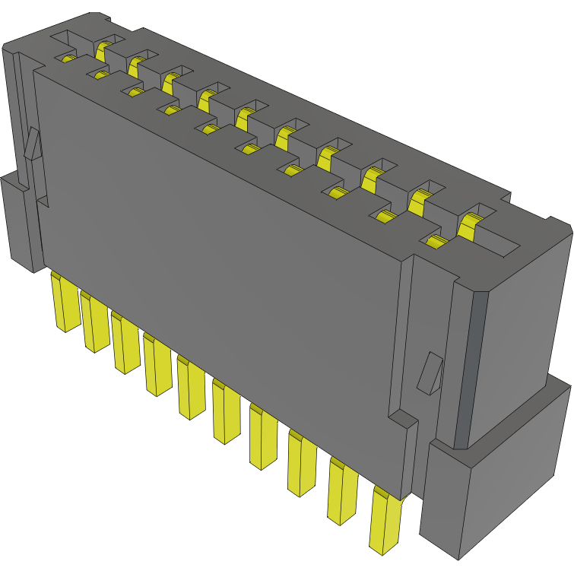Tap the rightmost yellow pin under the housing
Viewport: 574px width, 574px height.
click(385, 520)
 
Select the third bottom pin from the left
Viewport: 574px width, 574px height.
click(125, 342)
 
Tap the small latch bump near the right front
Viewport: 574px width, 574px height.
click(430, 373)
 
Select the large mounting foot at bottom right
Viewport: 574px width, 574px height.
click(494, 479)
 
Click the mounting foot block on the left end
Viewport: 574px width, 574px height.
click(18, 220)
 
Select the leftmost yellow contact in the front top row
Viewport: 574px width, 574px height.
click(68, 59)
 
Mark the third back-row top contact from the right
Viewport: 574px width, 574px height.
click(372, 179)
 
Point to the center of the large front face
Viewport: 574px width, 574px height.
click(220, 251)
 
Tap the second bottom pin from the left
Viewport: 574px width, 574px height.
click(94, 322)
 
